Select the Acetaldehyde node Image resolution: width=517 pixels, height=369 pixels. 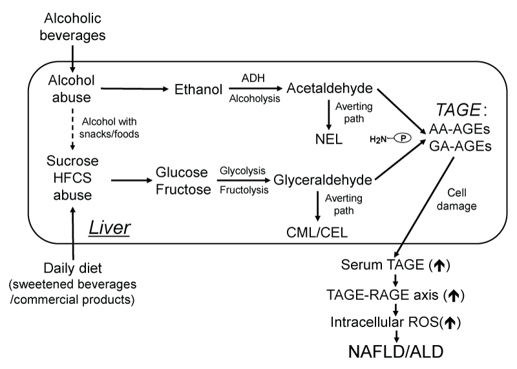pyautogui.click(x=329, y=88)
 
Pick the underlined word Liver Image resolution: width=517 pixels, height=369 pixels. pyautogui.click(x=110, y=229)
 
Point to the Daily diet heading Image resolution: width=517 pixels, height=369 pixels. pyautogui.click(x=71, y=269)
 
